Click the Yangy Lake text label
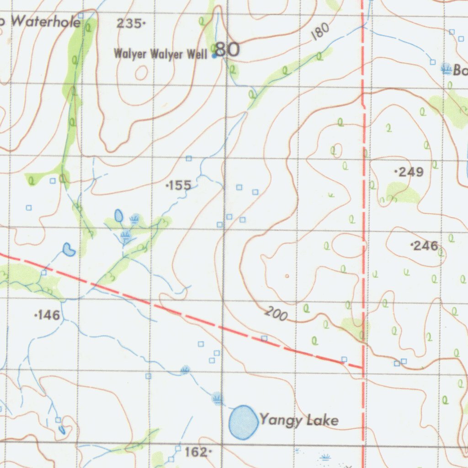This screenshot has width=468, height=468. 299,420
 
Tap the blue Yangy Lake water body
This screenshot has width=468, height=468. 243,422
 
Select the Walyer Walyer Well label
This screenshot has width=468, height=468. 160,54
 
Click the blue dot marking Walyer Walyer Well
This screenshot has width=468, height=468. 214,56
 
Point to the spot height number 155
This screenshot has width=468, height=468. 179,185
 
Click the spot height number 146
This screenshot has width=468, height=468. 48,315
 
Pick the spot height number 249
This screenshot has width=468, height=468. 410,172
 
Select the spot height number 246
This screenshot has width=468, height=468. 425,246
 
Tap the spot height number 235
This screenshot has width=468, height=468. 130,24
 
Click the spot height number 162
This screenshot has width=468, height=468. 197,452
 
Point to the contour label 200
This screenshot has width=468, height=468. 276,314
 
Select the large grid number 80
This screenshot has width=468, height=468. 228,49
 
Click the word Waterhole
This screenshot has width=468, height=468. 46,21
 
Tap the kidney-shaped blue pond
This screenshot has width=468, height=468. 69,249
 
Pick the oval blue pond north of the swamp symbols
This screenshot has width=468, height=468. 118,215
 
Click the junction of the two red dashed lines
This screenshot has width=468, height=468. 363,367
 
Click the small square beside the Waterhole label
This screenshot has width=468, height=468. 81,16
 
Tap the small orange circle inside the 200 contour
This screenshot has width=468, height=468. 287,276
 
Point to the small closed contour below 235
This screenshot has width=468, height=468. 141,72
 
